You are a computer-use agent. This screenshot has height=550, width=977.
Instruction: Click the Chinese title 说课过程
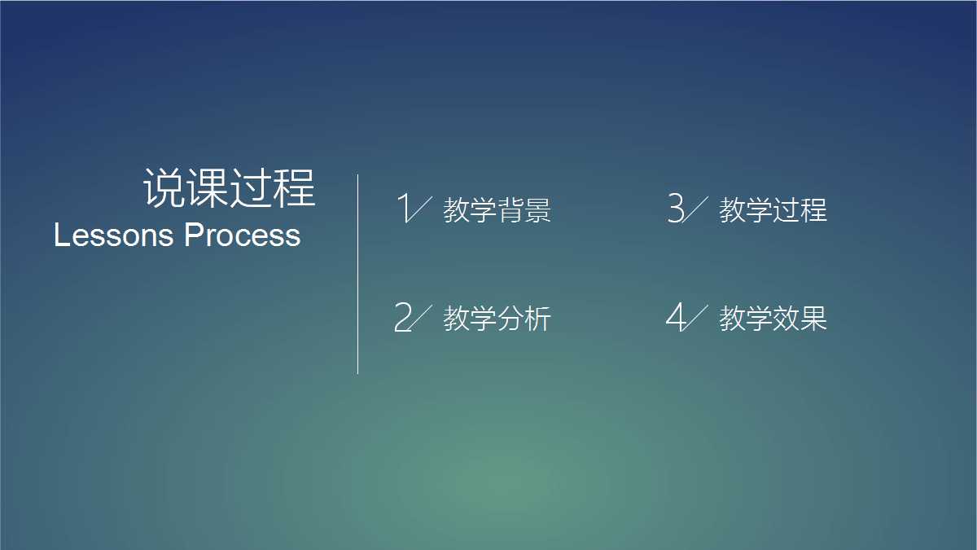click(x=230, y=188)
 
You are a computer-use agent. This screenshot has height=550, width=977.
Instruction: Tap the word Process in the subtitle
click(x=243, y=235)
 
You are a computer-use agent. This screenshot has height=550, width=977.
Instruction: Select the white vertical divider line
click(x=357, y=274)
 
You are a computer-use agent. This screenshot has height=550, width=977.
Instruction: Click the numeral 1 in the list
click(x=402, y=209)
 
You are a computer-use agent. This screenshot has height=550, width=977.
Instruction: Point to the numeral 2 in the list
click(x=402, y=317)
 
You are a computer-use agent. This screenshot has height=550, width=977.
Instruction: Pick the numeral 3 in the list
click(x=675, y=209)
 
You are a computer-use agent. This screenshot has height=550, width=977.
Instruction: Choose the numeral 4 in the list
click(x=675, y=317)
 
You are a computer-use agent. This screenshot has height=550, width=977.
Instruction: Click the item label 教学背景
click(x=497, y=210)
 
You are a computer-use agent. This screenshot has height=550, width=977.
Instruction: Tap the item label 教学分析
click(x=497, y=319)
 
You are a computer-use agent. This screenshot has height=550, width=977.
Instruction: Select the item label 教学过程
click(x=773, y=210)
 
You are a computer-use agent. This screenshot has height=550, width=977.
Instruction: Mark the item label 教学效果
click(x=773, y=319)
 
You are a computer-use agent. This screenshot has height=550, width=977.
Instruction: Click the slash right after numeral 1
click(x=420, y=209)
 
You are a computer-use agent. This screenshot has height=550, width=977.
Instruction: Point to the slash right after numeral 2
click(x=420, y=317)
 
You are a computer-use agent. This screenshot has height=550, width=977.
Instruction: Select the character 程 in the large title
click(x=295, y=188)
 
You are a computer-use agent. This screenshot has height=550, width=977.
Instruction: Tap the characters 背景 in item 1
click(x=524, y=210)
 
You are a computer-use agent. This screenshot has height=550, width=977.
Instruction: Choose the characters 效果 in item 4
click(x=800, y=319)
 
